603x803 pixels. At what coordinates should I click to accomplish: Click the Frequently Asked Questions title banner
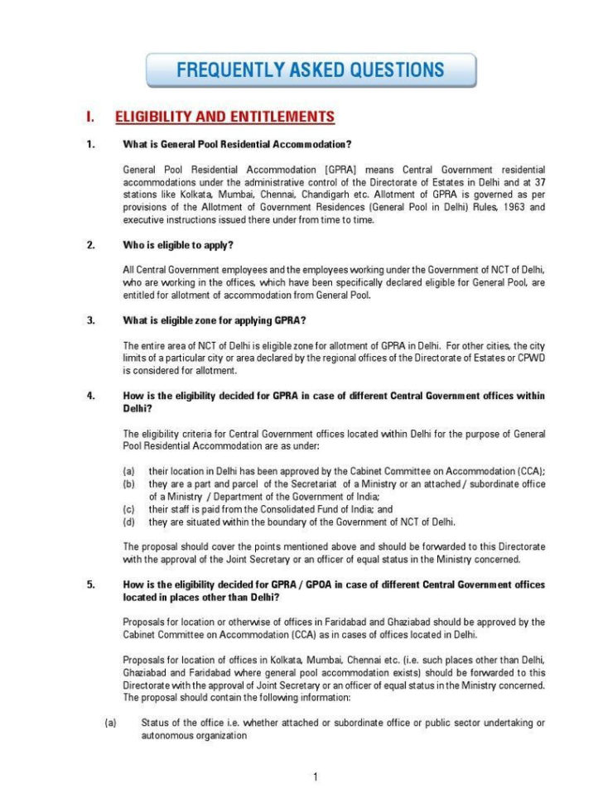(x=311, y=70)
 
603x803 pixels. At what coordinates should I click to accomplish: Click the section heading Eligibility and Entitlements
(x=224, y=117)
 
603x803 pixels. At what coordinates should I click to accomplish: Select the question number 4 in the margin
(x=90, y=396)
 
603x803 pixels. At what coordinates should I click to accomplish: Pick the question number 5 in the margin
(x=90, y=584)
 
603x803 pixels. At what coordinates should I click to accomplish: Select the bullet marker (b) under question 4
(x=129, y=483)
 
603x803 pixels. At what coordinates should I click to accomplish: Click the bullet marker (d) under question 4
(x=129, y=522)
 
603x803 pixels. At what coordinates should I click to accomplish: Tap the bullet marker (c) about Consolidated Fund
(x=129, y=509)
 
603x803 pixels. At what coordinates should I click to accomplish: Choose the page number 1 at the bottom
(x=316, y=777)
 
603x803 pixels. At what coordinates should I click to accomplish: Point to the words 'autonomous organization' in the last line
(x=194, y=735)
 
